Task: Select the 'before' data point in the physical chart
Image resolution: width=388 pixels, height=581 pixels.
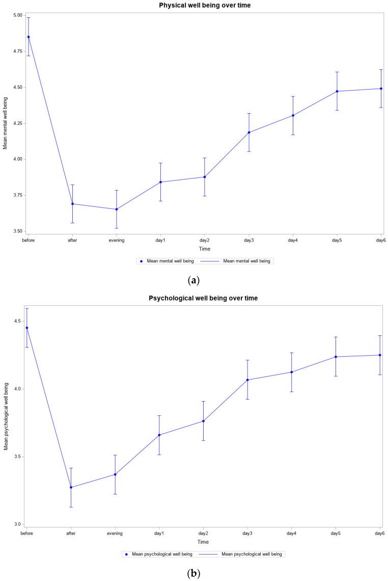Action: (x=29, y=37)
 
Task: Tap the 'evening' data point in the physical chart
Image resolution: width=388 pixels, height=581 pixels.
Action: (x=117, y=209)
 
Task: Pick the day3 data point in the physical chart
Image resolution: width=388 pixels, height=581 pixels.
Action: (x=249, y=133)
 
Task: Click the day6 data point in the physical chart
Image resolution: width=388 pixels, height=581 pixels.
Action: (x=381, y=89)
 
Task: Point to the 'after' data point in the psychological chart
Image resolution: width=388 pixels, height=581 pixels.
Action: (x=71, y=487)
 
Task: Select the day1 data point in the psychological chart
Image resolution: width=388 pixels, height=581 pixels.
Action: (x=159, y=435)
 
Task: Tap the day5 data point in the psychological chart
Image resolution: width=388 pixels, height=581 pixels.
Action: (x=336, y=357)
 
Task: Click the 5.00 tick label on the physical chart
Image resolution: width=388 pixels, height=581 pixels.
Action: (x=16, y=15)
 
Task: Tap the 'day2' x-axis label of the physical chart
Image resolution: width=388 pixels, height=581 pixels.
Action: (x=205, y=240)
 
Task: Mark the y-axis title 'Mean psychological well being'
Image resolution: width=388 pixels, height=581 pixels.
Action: (x=6, y=416)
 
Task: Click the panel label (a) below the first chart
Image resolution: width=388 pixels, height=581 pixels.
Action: (x=193, y=280)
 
